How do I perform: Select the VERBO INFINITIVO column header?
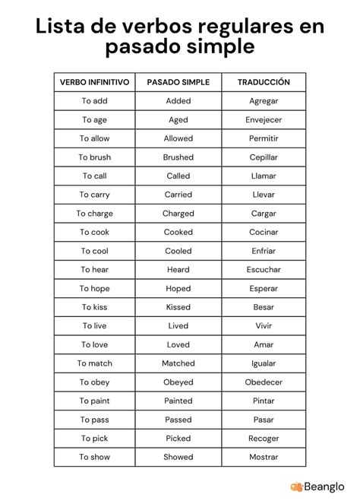click(x=95, y=82)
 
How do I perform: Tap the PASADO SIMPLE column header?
click(x=178, y=82)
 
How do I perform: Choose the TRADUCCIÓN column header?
click(x=264, y=82)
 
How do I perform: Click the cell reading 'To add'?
click(x=95, y=101)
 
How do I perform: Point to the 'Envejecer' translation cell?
click(x=264, y=120)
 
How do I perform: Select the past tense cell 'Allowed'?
click(x=178, y=138)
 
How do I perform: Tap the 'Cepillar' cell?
click(x=264, y=157)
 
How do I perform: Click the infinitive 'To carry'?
click(x=95, y=195)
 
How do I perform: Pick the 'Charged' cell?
click(x=178, y=214)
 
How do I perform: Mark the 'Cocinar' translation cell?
click(x=264, y=233)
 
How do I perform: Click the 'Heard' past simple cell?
click(x=178, y=270)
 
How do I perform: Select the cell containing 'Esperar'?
click(x=264, y=289)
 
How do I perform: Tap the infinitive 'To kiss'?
click(x=95, y=307)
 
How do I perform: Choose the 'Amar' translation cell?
click(x=264, y=344)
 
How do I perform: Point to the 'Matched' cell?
click(x=178, y=363)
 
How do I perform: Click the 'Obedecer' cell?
click(x=264, y=382)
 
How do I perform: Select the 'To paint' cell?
click(x=95, y=401)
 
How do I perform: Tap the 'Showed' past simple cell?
click(x=178, y=457)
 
